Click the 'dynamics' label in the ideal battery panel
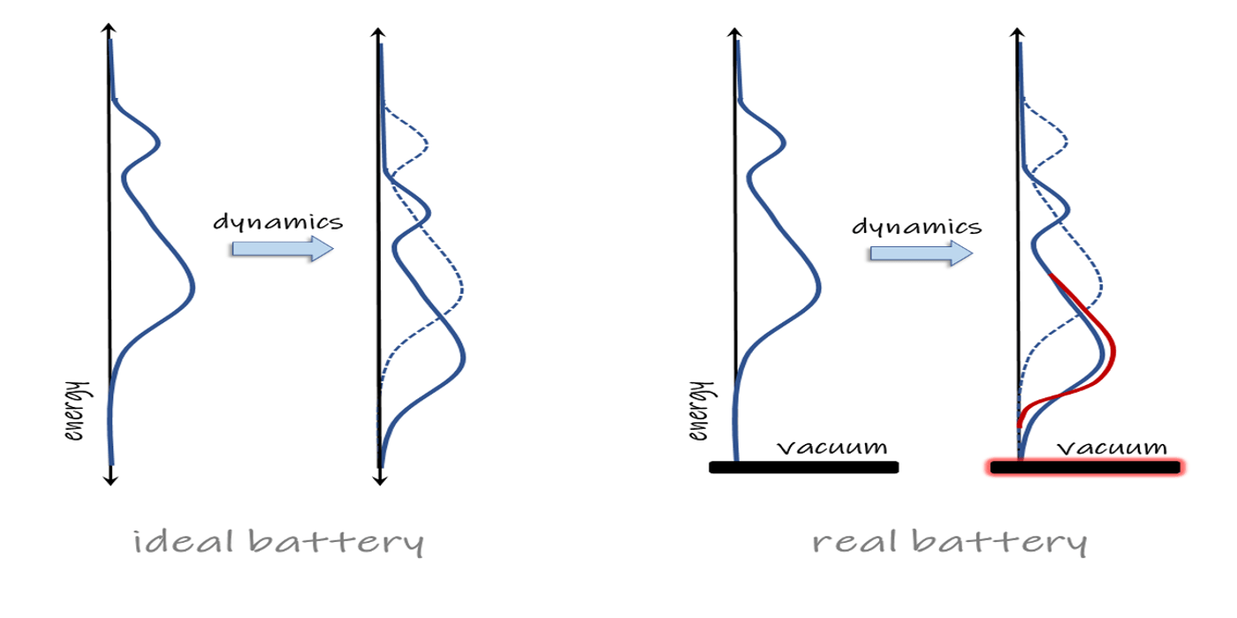[277, 221]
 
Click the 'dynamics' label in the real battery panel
[916, 226]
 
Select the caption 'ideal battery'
[278, 541]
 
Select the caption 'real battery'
[949, 541]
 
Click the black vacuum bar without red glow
[804, 467]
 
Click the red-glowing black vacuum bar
[1085, 467]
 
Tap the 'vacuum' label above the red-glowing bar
[1112, 448]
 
